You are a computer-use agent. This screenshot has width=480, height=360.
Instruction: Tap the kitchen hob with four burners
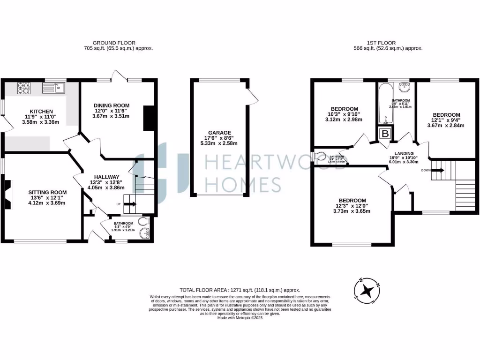coord(23,87)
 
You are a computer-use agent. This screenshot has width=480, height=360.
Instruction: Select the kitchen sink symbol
coord(54,88)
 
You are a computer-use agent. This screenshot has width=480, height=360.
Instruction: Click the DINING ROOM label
coord(111,105)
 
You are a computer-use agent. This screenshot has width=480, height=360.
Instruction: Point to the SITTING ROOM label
coord(47,192)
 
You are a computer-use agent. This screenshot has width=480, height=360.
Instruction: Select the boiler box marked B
coord(386,134)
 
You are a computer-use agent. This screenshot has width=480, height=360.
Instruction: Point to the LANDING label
coord(404,153)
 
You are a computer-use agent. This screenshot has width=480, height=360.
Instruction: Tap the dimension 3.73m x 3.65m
coord(352,211)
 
